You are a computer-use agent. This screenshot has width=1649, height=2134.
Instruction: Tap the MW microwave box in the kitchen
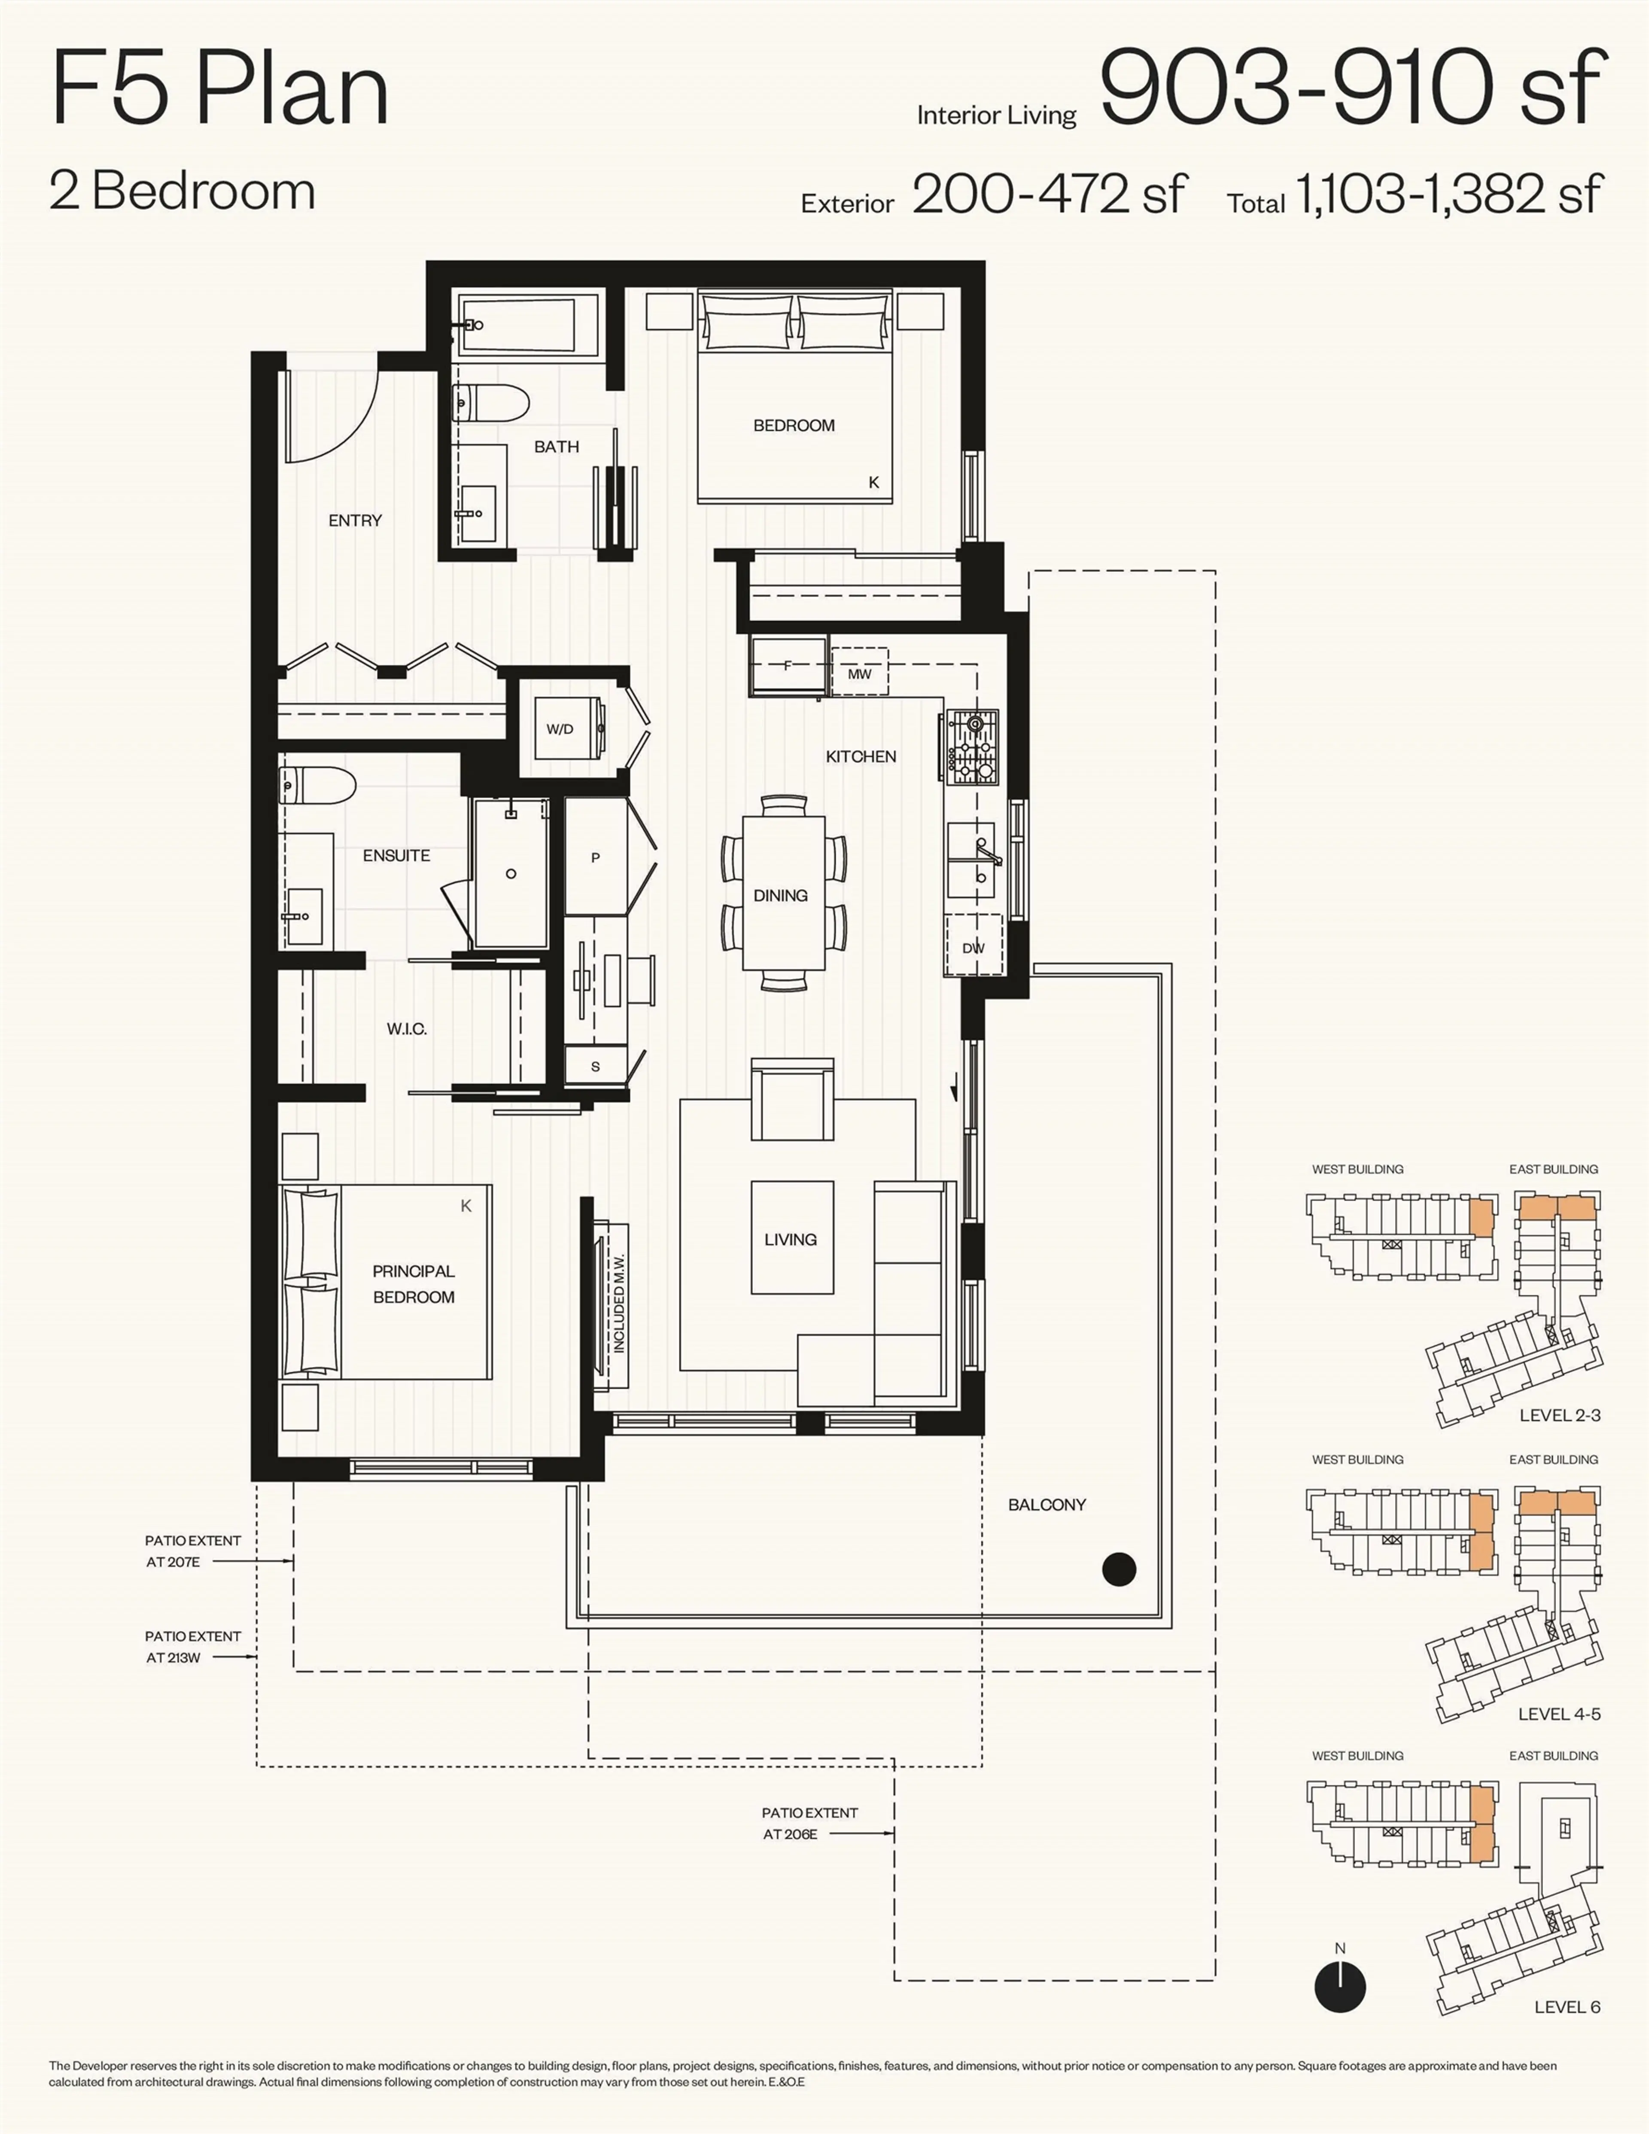859,673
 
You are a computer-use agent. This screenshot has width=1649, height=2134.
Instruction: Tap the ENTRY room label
355,520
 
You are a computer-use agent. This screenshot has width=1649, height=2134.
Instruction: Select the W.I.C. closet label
407,1029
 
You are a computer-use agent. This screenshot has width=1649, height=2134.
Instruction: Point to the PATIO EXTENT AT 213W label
192,1646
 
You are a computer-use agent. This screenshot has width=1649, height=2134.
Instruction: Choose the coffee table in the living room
792,1237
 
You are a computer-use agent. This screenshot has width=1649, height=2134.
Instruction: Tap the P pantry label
595,858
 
